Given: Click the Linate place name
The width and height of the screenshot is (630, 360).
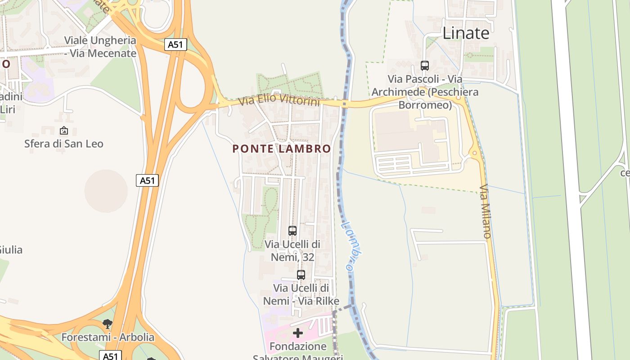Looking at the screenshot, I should [466, 33].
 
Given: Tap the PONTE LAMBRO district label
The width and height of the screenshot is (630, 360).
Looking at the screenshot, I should [282, 148].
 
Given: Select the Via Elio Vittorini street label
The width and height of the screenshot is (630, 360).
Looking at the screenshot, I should [279, 100].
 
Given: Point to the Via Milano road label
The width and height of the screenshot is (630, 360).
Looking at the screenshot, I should [485, 211].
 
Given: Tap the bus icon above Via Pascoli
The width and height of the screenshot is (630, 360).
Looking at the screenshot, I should [425, 66].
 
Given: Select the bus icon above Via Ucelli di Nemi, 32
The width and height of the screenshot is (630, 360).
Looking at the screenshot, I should [292, 231].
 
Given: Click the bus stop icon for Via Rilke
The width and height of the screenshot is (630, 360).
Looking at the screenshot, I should [301, 274].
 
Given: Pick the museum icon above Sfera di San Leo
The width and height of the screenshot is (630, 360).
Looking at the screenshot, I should [64, 131].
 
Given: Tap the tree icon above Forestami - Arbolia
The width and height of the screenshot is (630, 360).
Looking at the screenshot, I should [107, 324].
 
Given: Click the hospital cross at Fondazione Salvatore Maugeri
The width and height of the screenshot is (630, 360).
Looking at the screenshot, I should [298, 333].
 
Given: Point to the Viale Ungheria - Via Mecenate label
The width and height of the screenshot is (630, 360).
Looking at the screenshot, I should [100, 47].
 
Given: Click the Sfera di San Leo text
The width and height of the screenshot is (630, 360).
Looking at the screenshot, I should [64, 144].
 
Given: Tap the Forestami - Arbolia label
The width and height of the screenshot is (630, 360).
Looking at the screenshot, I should [108, 337].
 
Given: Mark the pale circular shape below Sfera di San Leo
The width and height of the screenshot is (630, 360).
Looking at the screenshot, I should [106, 191].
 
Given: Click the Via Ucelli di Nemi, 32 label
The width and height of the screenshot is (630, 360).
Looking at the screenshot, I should [292, 251].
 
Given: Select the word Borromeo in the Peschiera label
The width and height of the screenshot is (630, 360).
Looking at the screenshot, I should [425, 105].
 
